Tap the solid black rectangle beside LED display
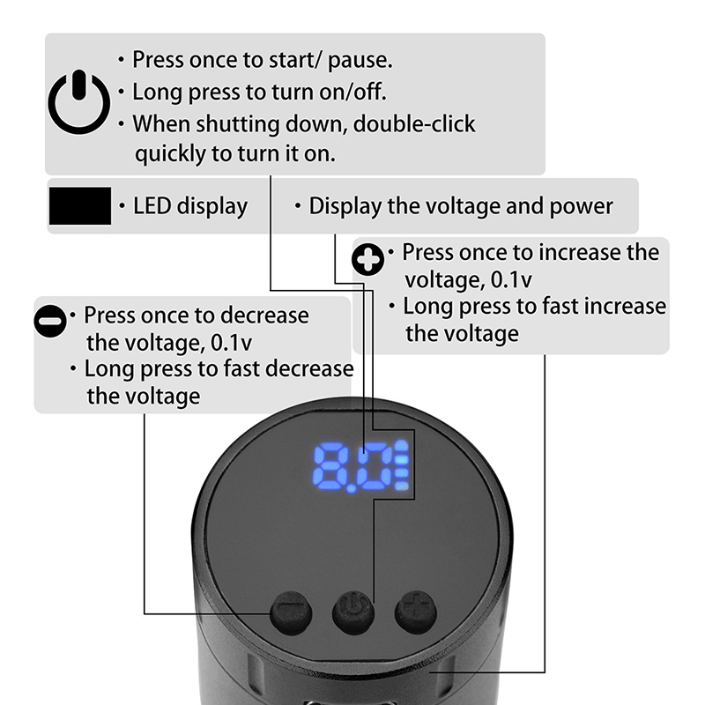[x=80, y=206]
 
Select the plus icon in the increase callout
[x=367, y=259]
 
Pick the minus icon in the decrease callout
[x=50, y=321]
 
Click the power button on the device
[x=353, y=612]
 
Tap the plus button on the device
[x=416, y=612]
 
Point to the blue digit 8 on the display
[x=331, y=467]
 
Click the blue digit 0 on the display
[x=373, y=467]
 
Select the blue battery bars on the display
[x=402, y=466]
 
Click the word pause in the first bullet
[x=360, y=61]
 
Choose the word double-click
[x=414, y=123]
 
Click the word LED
[x=152, y=206]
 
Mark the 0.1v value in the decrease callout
[x=231, y=343]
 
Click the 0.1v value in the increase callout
[x=511, y=279]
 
